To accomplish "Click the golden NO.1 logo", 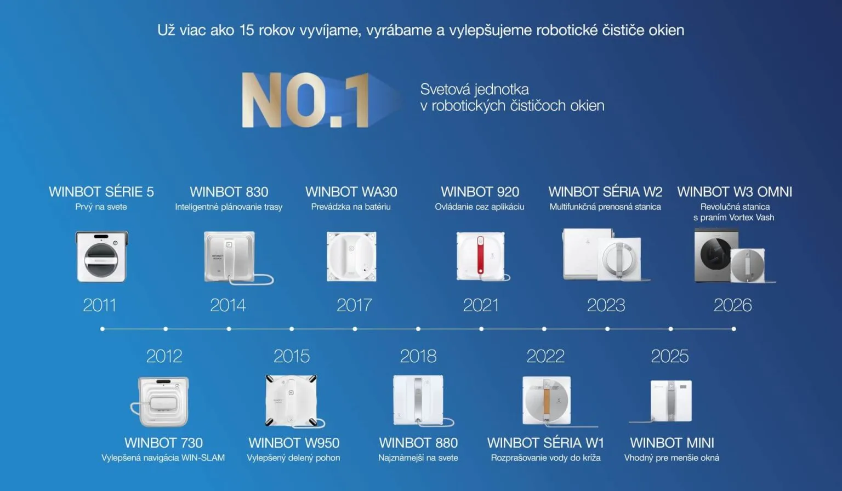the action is (x=305, y=100).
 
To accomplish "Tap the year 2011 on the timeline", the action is (x=100, y=305).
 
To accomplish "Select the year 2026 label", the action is (x=732, y=305).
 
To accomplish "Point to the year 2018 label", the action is (x=418, y=356).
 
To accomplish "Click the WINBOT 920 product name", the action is (x=480, y=192).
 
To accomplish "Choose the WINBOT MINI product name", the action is (x=672, y=443).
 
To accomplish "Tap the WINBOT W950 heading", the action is (x=294, y=443).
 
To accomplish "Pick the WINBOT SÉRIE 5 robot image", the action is (x=102, y=256).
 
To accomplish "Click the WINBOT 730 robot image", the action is (x=160, y=402).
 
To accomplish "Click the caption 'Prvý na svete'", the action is (x=101, y=207).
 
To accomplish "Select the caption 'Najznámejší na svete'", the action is (x=418, y=458).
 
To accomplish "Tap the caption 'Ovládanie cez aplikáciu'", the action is (x=480, y=207).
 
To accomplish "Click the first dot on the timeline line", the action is (x=103, y=329).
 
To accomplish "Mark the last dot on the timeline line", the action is (x=734, y=329).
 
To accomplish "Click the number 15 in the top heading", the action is (x=247, y=30).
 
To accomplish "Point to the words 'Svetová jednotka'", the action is (x=474, y=89).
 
